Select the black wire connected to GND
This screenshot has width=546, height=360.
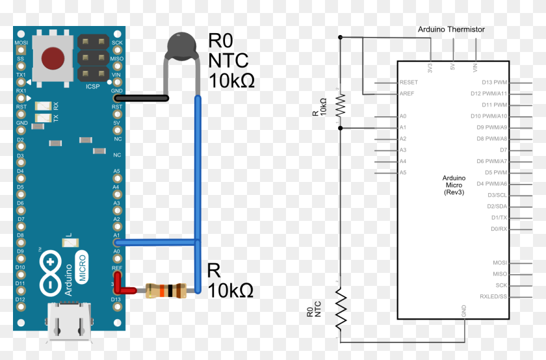[143, 98]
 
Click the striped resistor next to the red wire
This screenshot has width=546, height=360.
[166, 290]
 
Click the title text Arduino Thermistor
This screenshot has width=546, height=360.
[451, 29]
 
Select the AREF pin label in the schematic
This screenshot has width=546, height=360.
[408, 94]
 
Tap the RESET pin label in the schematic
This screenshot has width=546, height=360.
[409, 83]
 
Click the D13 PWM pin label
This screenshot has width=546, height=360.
[494, 83]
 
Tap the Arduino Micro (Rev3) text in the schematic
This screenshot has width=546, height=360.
[454, 185]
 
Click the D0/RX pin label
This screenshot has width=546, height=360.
[499, 229]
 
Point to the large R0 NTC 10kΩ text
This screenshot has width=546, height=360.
[231, 61]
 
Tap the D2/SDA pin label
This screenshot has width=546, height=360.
[497, 206]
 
